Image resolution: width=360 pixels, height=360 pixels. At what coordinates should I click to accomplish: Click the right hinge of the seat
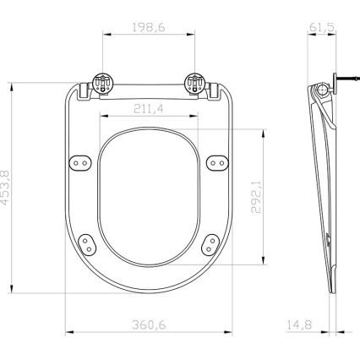click(195, 85)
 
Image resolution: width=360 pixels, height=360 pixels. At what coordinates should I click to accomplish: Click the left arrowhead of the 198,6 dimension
click(104, 34)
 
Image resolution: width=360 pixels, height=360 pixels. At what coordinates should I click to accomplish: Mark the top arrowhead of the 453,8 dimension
click(18, 85)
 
